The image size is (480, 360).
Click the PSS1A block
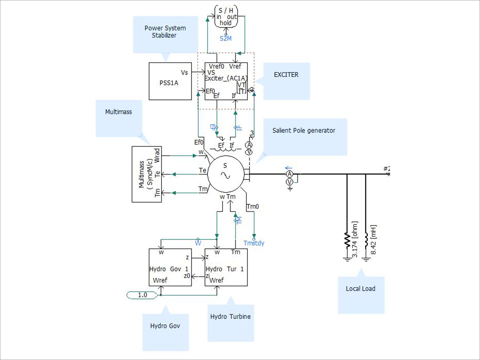click(170, 81)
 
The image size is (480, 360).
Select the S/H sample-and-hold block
click(226, 17)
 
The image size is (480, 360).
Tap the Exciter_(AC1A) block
click(226, 81)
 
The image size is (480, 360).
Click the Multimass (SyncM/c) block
click(147, 174)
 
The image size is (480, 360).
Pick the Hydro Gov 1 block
click(170, 267)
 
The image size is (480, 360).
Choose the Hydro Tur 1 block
click(226, 267)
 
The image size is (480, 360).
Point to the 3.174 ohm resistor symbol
click(347, 240)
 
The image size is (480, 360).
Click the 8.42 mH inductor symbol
click(366, 240)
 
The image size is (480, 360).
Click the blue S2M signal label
click(226, 39)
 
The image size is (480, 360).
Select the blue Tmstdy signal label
click(254, 243)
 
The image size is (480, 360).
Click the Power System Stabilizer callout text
click(165, 32)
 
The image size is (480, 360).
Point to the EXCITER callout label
click(286, 75)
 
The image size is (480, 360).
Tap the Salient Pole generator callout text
click(304, 130)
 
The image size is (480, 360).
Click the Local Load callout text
click(360, 289)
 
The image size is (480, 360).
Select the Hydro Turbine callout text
click(230, 316)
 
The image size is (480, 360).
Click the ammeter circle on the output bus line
click(290, 174)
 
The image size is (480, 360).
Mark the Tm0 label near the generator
click(253, 206)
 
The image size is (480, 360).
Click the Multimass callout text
click(118, 112)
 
